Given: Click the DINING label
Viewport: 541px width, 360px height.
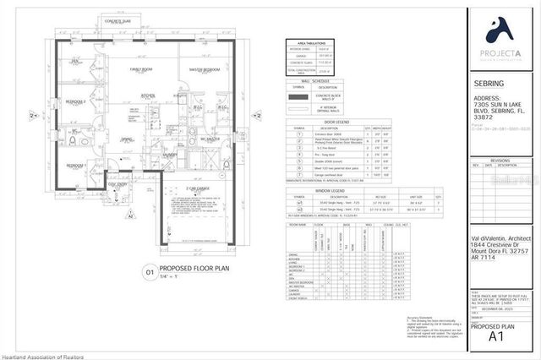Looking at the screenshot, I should (126, 140).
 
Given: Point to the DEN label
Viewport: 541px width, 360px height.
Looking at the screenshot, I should (74, 61).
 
